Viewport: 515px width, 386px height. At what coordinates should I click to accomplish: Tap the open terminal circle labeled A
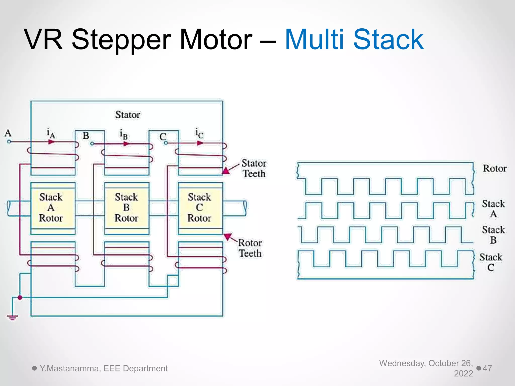tap(9, 142)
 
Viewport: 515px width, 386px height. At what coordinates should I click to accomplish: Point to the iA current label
tap(51, 133)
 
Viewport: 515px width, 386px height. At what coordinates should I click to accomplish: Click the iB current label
tap(123, 134)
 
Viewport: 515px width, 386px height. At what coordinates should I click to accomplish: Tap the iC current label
tap(199, 133)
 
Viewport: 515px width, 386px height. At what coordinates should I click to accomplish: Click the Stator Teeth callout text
tap(254, 168)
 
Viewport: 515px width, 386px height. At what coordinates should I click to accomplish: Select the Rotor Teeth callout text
tap(250, 248)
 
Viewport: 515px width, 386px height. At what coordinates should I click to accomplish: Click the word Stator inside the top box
tap(128, 115)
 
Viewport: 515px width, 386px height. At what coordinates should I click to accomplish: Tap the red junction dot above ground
tap(20, 298)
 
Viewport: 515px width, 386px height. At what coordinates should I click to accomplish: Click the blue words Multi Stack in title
tap(354, 40)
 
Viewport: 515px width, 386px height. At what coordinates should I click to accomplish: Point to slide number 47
tap(487, 368)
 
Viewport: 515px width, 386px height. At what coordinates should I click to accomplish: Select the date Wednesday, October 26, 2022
tap(426, 368)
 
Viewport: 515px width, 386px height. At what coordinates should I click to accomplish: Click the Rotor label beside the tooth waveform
tap(495, 168)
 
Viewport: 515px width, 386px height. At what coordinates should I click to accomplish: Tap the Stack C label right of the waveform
tap(491, 262)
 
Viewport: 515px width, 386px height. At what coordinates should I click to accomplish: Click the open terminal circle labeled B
tap(92, 144)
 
